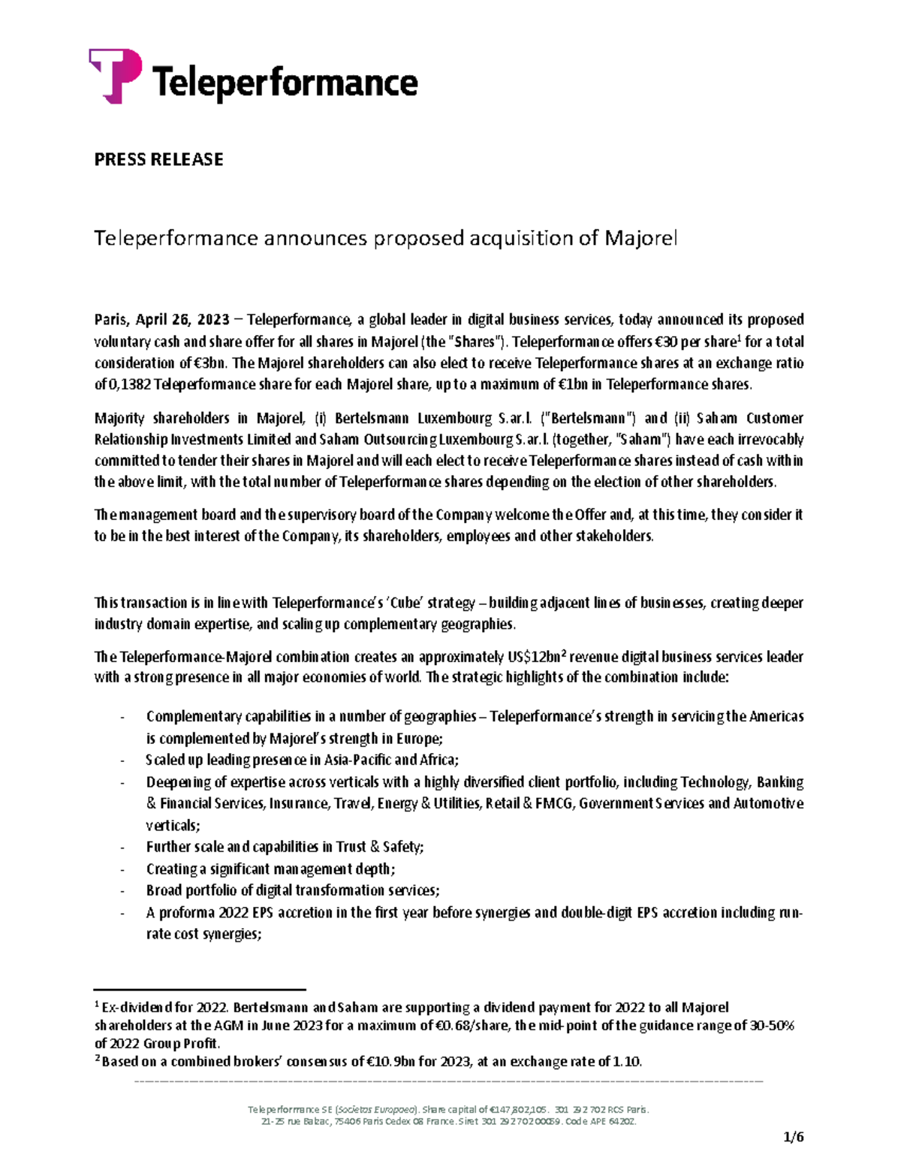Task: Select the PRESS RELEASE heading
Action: point(158,159)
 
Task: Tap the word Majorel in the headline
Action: point(640,238)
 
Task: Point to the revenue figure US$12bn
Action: point(537,657)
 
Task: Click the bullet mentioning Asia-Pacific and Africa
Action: point(302,760)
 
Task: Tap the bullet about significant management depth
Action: point(270,869)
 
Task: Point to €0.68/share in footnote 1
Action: point(472,1026)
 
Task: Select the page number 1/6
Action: point(792,1137)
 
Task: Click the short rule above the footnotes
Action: point(200,990)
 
